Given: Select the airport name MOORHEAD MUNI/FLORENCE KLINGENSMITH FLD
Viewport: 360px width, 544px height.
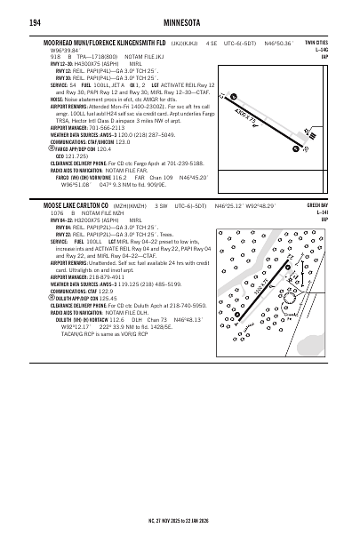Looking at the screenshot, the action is click(106, 42).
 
